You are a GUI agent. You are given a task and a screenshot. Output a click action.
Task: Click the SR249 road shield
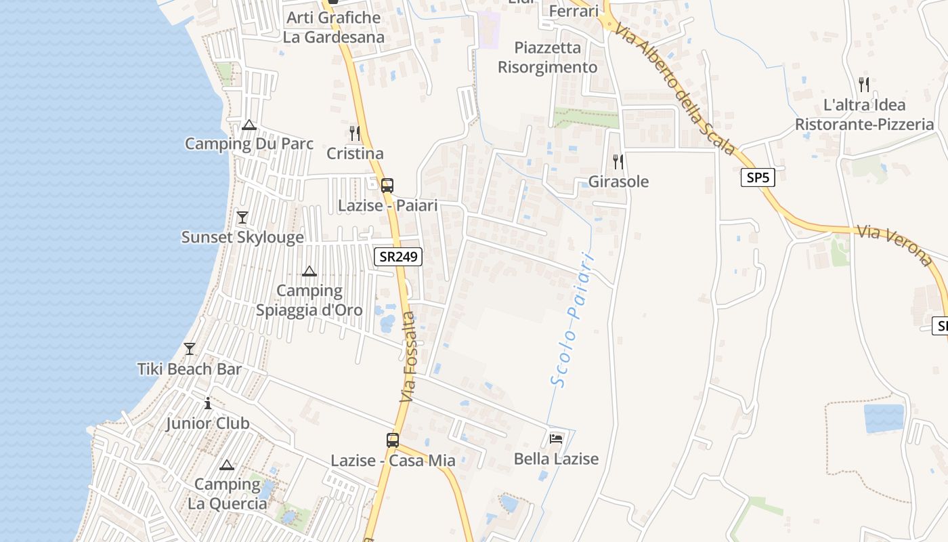click(398, 256)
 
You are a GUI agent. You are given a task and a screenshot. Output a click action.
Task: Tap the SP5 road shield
click(758, 178)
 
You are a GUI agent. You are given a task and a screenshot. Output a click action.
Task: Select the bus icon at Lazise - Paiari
click(387, 185)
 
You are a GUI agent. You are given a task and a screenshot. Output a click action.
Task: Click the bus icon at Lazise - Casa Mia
click(393, 440)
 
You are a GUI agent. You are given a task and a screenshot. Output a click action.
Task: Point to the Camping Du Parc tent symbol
click(249, 125)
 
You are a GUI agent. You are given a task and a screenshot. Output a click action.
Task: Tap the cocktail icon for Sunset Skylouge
click(242, 217)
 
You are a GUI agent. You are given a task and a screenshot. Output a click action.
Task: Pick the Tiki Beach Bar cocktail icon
click(190, 349)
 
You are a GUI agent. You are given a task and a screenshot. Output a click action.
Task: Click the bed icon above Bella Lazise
click(556, 438)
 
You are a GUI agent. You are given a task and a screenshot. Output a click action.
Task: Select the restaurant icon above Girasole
click(618, 161)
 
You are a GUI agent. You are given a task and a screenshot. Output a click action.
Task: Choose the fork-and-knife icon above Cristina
click(354, 133)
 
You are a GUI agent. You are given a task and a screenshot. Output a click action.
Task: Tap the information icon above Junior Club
click(208, 403)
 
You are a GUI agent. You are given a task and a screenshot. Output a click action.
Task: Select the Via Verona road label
click(894, 245)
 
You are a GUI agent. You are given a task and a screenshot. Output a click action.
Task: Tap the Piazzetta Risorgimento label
click(548, 58)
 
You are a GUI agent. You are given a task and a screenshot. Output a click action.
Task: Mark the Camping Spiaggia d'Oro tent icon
click(309, 272)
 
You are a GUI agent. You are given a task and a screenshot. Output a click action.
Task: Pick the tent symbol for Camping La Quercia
click(227, 465)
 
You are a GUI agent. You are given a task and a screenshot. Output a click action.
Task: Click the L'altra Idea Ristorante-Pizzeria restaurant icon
click(863, 85)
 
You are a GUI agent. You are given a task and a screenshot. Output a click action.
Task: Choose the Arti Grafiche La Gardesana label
click(333, 27)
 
